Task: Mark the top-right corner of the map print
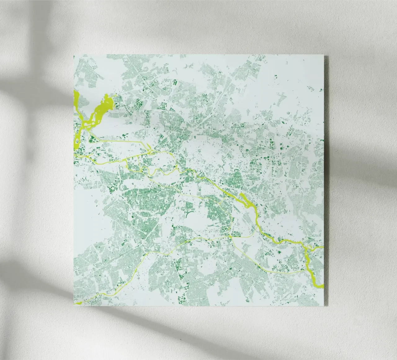(324, 56)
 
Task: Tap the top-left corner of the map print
(74, 55)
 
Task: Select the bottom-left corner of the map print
(74, 306)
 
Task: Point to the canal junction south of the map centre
(230, 236)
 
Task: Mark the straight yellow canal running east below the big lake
(124, 142)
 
